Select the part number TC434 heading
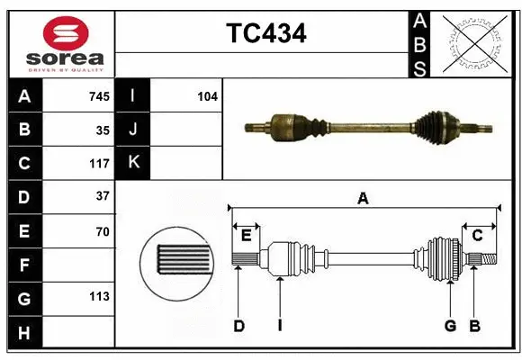point(265,33)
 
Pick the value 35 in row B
point(103,130)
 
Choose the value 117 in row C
point(99,164)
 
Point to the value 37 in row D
point(103,195)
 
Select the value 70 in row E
point(103,231)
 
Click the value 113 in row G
point(99,296)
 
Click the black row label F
point(24,265)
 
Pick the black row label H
point(24,333)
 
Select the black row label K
point(133,163)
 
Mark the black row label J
point(133,130)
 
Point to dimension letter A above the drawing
point(363,198)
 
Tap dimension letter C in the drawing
point(478,235)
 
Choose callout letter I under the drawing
point(279,326)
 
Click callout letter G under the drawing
point(449,326)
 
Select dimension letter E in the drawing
point(246,236)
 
